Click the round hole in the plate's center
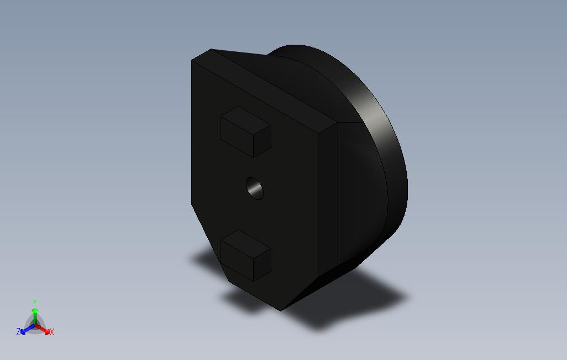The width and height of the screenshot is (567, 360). [255, 188]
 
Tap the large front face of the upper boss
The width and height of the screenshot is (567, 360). [237, 136]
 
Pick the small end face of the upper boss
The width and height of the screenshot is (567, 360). [262, 141]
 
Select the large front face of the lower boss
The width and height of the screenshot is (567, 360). [237, 260]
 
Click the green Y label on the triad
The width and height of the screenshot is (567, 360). [35, 302]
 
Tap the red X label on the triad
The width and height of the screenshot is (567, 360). [51, 332]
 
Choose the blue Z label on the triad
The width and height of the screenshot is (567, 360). [18, 332]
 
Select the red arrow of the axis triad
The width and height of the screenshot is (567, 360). [44, 330]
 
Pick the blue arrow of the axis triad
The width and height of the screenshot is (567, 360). [25, 330]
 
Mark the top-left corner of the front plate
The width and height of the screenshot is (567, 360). [192, 60]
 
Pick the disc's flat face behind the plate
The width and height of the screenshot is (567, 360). [362, 188]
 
